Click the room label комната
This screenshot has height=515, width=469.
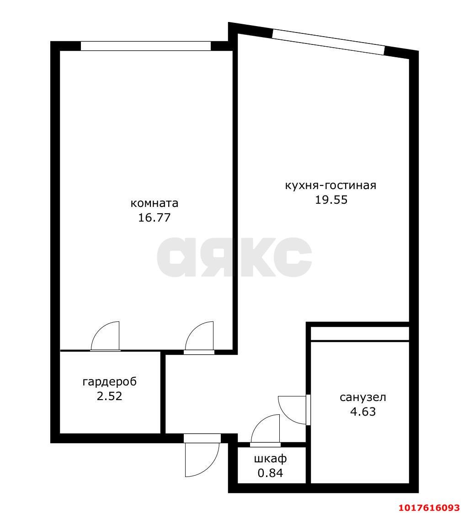(x=154, y=203)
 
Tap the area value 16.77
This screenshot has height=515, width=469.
(x=154, y=218)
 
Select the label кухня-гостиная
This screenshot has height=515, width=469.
(x=330, y=185)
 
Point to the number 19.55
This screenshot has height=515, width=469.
(x=331, y=200)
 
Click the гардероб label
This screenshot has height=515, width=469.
(x=110, y=382)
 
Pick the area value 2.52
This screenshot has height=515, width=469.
(x=110, y=396)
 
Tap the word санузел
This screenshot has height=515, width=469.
(x=363, y=397)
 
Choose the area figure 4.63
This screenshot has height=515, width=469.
(x=363, y=412)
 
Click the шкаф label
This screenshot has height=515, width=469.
(x=270, y=459)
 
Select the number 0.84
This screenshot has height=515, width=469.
(x=270, y=473)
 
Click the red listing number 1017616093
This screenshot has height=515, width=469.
(x=429, y=508)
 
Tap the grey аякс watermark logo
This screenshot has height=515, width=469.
(x=234, y=257)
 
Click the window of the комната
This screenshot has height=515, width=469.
(x=146, y=46)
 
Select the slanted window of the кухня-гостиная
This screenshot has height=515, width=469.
(x=328, y=42)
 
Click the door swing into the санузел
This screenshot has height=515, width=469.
(x=293, y=410)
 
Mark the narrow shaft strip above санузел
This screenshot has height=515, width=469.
(x=360, y=334)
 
